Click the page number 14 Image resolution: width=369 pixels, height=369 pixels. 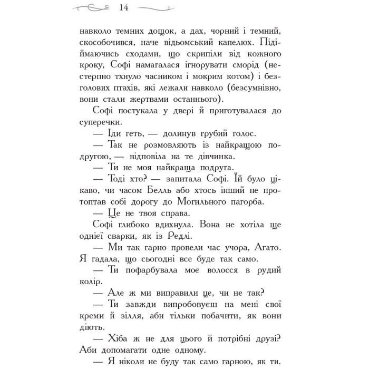coord(125,8)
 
